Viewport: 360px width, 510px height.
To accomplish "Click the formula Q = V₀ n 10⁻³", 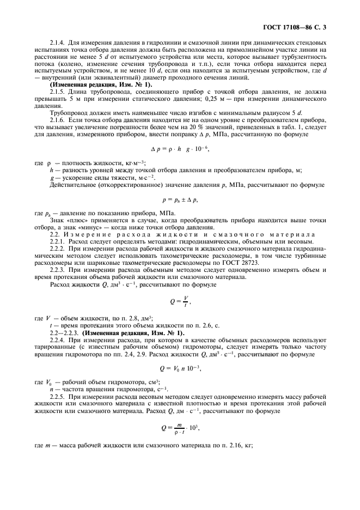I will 179,368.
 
